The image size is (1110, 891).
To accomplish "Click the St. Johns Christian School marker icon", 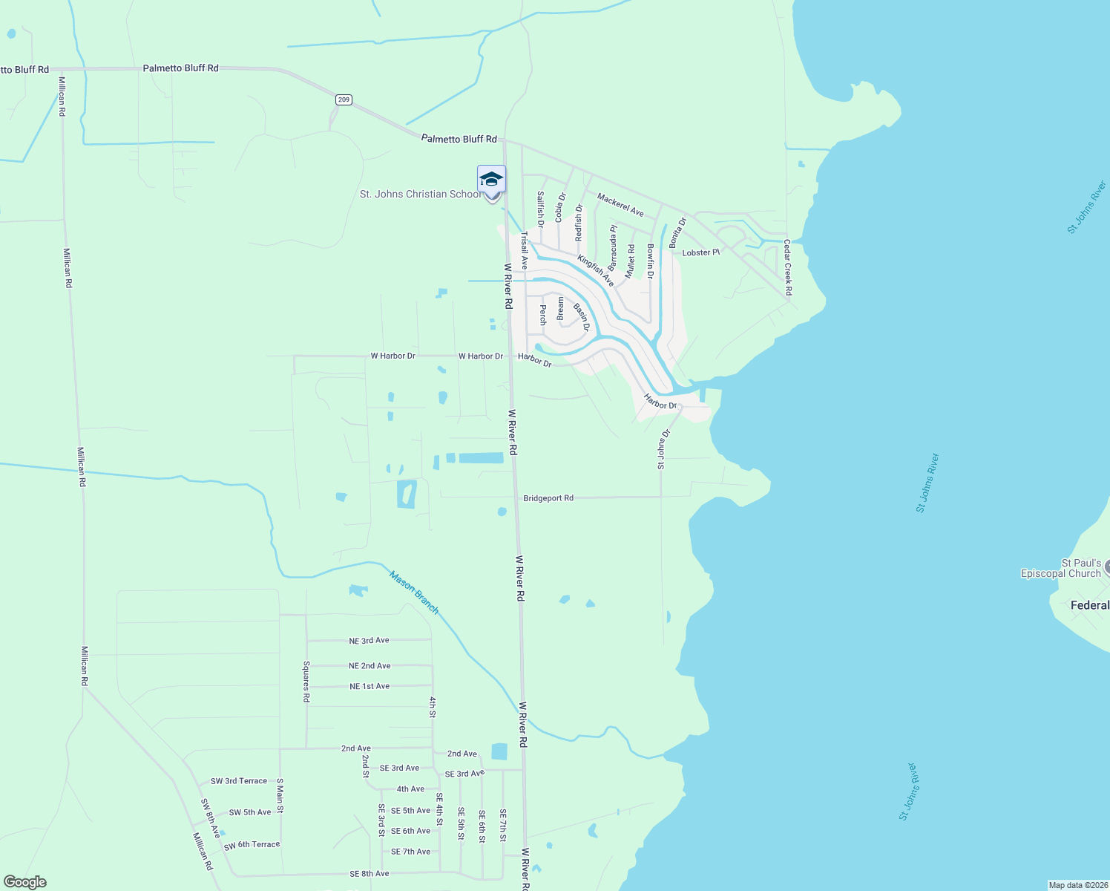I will coord(491,180).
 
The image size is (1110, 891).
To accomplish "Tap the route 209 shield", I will coord(343,99).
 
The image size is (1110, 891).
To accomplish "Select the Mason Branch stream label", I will coord(415,592).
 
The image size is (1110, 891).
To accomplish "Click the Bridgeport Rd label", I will coord(548,498).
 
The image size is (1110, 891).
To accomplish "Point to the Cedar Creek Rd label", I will coord(788,267).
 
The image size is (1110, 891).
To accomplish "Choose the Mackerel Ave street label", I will coord(620,205).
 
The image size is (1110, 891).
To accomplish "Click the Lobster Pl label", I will coord(700,252).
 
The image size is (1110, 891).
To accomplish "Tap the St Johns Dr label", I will coord(663,449).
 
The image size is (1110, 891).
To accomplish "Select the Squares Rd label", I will coord(306,682).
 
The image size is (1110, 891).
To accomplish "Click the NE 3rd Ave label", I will coord(369,640).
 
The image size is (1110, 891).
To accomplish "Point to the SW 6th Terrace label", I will coord(252,845).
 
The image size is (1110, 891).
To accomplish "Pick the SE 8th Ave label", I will coord(369,874).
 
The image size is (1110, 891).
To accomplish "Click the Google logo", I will coord(24,882).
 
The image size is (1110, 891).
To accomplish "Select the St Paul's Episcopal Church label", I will coord(1061,568).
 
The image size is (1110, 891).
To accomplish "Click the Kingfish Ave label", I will coord(596,270).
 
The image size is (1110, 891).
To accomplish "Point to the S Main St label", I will coord(280,795).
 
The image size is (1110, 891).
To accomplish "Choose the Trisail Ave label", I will coord(524,251).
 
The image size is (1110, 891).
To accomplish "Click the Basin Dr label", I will coord(582,316).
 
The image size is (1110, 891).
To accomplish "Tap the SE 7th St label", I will coord(503,825).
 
